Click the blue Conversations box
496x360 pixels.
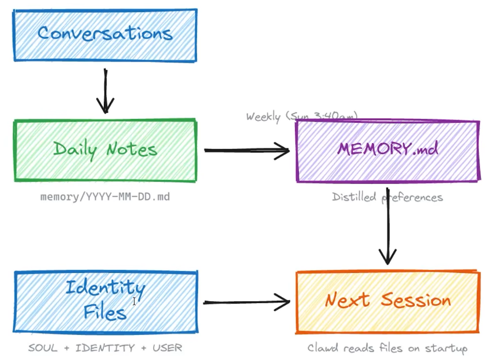tap(105, 35)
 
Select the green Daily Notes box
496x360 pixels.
tap(105, 150)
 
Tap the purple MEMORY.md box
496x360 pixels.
tap(387, 151)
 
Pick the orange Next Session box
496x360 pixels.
tap(387, 302)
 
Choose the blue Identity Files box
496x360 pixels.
tap(105, 302)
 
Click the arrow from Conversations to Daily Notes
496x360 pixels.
tap(105, 91)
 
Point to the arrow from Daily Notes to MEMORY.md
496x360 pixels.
tap(247, 150)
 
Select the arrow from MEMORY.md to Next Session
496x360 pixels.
tap(387, 225)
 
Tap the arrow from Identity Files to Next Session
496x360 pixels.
tap(247, 302)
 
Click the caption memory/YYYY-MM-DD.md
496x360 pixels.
tap(105, 196)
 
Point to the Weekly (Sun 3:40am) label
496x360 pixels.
tap(301, 117)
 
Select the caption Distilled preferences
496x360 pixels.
tap(387, 197)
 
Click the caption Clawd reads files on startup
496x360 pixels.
tap(387, 348)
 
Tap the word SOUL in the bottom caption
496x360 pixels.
tap(43, 348)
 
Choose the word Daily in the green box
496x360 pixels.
tap(76, 149)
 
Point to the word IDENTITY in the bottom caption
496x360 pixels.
tap(105, 348)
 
